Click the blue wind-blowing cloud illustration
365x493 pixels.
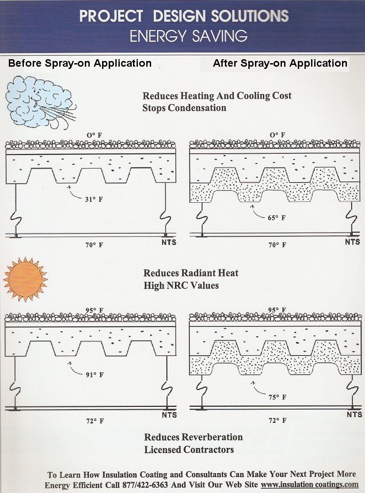tap(39, 101)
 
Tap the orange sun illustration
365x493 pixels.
tap(25, 280)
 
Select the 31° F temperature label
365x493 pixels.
tap(94, 199)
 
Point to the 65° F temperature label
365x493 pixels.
tap(277, 218)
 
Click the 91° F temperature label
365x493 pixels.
tap(95, 375)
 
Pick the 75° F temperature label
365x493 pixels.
tap(278, 397)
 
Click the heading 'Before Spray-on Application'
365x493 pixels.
tap(80, 63)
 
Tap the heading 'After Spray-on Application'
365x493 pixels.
tap(280, 63)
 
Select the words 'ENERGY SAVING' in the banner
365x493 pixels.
tap(189, 36)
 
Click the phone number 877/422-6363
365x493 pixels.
tap(145, 485)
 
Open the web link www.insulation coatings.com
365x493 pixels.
tap(310, 485)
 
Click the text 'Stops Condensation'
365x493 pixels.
tap(184, 108)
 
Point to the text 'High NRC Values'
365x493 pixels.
tap(181, 285)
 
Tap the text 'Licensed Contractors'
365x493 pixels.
tap(189, 450)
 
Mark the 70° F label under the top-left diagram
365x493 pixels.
tap(94, 245)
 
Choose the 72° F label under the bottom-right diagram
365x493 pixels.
tap(278, 421)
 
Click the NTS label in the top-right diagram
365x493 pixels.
tap(353, 242)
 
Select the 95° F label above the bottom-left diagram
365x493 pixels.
tap(94, 310)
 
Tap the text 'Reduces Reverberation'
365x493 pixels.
tap(194, 437)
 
